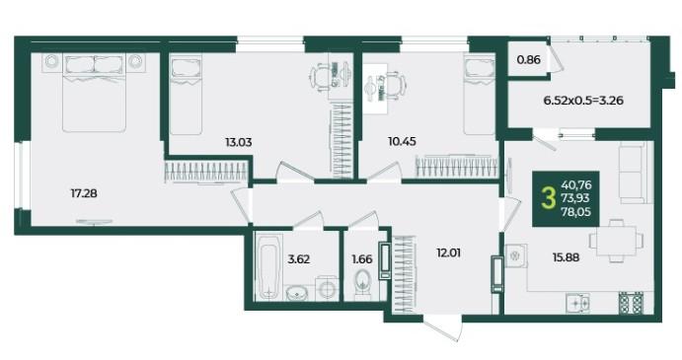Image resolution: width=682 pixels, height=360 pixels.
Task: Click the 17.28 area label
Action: (84, 193)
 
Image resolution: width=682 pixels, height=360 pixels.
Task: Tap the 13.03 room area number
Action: (239, 142)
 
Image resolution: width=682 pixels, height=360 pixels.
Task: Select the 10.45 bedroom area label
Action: (403, 141)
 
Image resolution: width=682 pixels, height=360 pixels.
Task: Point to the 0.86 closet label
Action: (529, 59)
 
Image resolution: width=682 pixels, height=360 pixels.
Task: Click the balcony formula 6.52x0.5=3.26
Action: (583, 101)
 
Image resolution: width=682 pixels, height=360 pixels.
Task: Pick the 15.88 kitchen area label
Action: (566, 257)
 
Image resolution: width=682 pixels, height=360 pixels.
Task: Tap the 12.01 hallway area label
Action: (449, 252)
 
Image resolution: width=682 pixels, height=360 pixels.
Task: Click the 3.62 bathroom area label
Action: (299, 259)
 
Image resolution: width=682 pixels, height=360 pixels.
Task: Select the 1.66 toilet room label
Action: (362, 259)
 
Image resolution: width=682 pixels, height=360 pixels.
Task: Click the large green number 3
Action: (549, 198)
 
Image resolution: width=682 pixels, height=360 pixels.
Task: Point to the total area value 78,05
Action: (575, 212)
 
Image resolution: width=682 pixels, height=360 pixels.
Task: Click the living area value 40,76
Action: (576, 185)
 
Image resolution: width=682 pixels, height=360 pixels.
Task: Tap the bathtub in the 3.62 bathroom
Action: (268, 266)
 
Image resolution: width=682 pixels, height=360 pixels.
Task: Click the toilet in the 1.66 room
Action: (362, 285)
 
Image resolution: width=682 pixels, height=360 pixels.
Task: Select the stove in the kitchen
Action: (631, 303)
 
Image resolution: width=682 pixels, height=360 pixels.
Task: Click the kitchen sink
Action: (578, 303)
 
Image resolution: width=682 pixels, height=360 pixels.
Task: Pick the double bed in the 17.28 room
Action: (94, 93)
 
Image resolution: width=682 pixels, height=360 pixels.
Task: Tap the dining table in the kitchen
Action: (616, 241)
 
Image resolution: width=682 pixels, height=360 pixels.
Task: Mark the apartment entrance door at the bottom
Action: (442, 328)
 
